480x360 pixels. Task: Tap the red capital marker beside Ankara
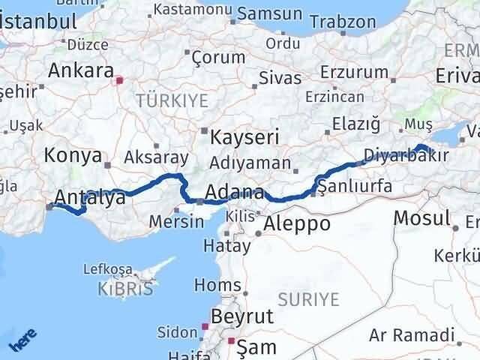119,78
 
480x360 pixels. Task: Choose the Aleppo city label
298,223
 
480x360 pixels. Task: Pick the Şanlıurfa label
354,186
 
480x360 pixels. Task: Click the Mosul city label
421,218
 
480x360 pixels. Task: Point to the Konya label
73,155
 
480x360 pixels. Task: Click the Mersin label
176,221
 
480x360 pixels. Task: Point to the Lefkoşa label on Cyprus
132,268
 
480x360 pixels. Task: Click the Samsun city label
270,14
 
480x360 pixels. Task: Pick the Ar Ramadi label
412,334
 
